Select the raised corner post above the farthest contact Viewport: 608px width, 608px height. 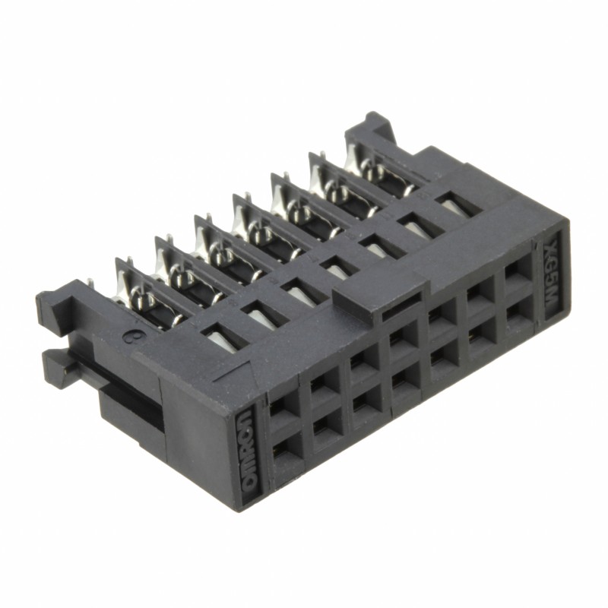[375, 125]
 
